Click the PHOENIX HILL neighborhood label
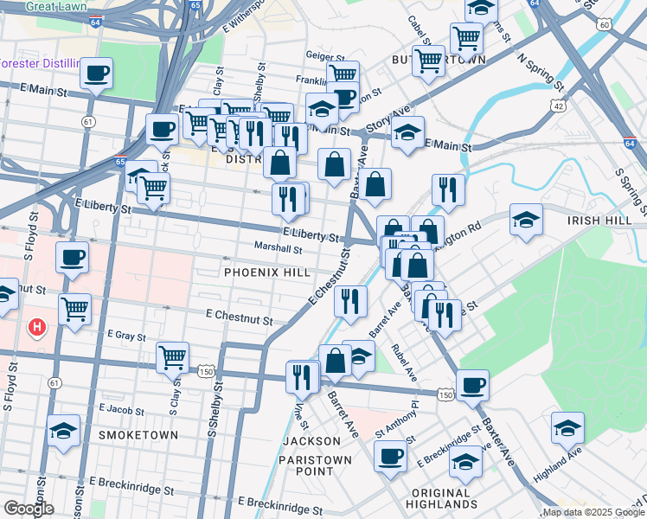pos(266,272)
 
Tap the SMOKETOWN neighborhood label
pos(138,434)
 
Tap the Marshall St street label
pos(278,249)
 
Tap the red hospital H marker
pos(37,327)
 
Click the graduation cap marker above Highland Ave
pos(567,427)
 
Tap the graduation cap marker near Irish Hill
pos(525,219)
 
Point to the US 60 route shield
pos(603,24)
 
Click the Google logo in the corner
pos(29,509)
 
